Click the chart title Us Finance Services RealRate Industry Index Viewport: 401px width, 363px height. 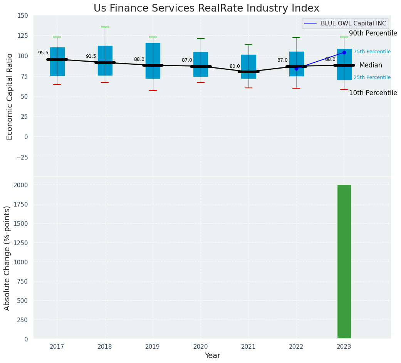[206, 8]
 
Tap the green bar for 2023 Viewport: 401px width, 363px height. [344, 262]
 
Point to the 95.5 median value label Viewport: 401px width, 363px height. [43, 53]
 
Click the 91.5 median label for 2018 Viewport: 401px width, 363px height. [91, 56]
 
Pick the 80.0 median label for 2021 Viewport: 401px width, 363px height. [235, 66]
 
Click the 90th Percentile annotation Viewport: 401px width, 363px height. [373, 34]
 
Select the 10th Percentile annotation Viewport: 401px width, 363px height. [373, 93]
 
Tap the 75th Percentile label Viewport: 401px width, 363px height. [372, 52]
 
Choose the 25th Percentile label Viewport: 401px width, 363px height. [372, 77]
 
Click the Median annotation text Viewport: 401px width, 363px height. [371, 66]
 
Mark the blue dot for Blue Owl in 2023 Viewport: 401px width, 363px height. [344, 52]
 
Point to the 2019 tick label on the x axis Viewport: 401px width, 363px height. [153, 347]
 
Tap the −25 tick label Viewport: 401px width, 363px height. [22, 157]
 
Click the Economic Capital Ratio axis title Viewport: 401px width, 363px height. [10, 96]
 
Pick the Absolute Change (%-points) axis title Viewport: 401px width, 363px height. [7, 258]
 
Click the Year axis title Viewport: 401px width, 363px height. [212, 356]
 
